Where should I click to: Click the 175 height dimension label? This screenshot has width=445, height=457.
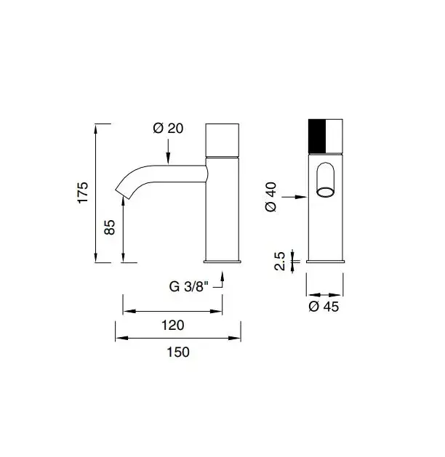(x=82, y=193)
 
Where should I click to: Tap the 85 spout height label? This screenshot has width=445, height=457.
(x=110, y=227)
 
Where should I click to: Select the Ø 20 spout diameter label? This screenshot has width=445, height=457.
(x=168, y=129)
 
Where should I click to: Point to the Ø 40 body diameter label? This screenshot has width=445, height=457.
(x=271, y=197)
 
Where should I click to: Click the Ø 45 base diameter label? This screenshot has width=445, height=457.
(x=324, y=307)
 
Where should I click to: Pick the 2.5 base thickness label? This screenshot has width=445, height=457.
(x=280, y=261)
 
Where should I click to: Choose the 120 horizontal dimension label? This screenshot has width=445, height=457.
(x=173, y=325)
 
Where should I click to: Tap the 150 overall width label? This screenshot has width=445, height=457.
(x=178, y=352)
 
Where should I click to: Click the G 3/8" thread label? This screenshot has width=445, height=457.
(x=189, y=286)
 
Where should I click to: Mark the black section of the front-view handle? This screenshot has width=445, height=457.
(x=317, y=136)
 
